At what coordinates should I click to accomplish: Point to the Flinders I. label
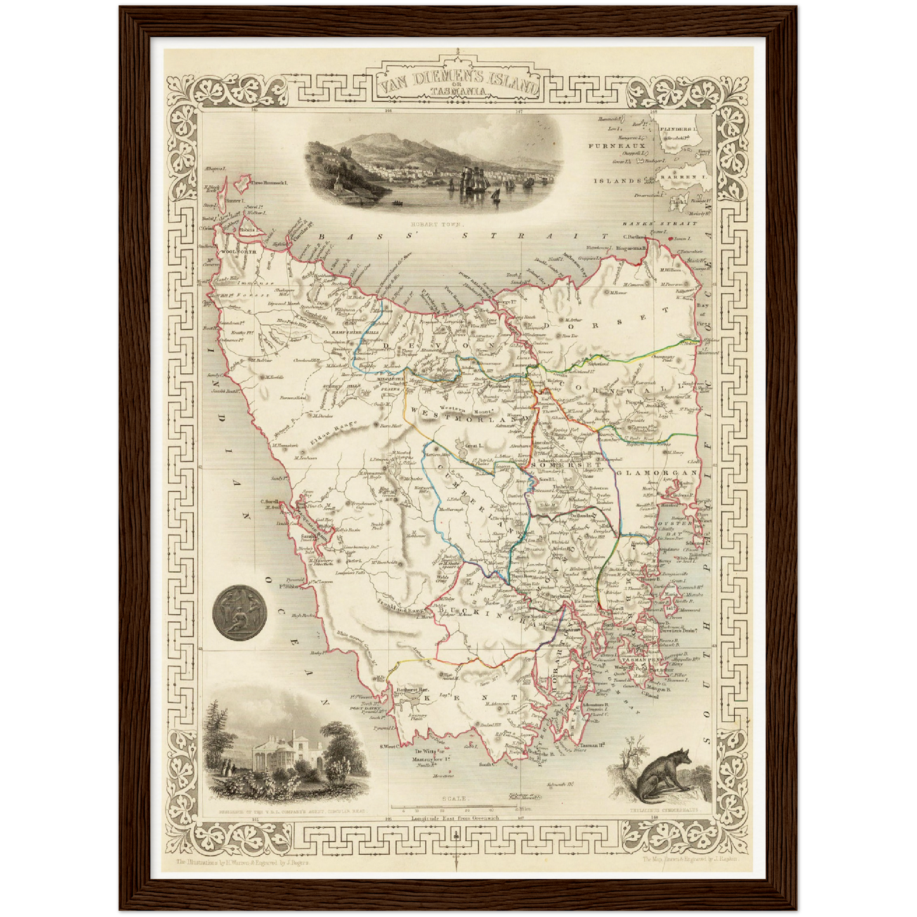click(x=678, y=129)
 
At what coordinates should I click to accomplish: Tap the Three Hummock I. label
click(x=270, y=183)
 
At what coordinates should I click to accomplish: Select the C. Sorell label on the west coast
click(x=270, y=500)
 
